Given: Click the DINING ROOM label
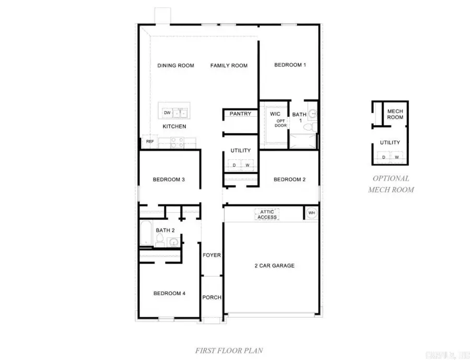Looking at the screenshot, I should [175, 66].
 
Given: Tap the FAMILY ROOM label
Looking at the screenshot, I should [229, 66].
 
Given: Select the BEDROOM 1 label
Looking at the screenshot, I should [290, 65].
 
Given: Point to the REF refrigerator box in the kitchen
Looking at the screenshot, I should [150, 141].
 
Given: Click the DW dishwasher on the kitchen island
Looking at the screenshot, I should [167, 113].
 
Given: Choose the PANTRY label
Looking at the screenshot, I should [240, 114].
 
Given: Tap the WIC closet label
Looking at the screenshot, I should [275, 114].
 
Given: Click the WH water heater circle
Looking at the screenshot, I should [312, 213].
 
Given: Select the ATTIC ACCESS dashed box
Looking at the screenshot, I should [267, 214].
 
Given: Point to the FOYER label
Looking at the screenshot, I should [211, 255].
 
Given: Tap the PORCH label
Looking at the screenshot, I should [211, 297].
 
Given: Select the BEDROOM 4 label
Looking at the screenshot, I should [169, 293].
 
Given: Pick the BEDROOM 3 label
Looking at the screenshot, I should [169, 180].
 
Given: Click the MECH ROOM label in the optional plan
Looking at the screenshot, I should [395, 114].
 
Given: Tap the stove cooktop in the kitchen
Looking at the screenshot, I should [177, 140].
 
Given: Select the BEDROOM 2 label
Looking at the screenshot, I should [289, 180].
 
